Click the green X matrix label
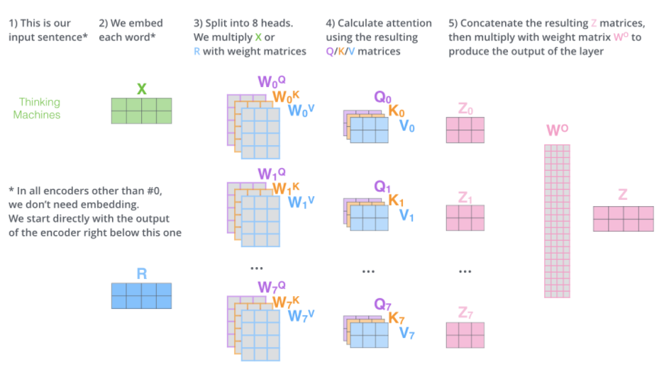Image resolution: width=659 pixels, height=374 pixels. [141, 89]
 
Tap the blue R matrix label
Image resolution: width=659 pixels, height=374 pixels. [141, 273]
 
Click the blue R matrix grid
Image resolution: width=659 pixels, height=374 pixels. [141, 295]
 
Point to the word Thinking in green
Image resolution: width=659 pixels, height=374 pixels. [40, 102]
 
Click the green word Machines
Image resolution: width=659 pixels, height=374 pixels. [37, 115]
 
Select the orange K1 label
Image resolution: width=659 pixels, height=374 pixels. [397, 200]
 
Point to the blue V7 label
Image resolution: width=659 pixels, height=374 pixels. [406, 332]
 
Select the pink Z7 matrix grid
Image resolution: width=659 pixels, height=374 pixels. [465, 334]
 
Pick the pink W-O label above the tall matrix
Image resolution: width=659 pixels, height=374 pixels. [558, 131]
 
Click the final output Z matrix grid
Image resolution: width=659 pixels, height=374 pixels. [623, 219]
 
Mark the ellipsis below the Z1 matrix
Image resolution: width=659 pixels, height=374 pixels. [465, 271]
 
